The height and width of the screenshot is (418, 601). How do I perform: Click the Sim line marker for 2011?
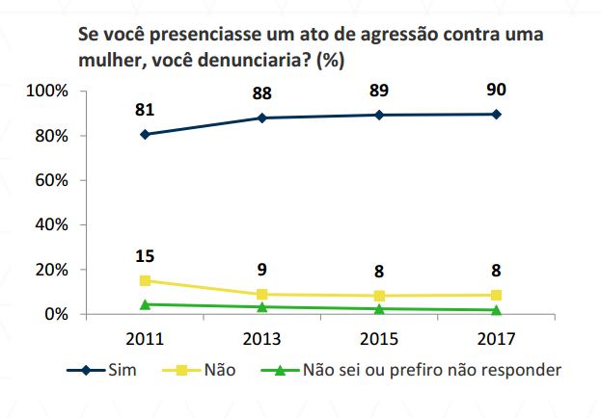click(x=145, y=134)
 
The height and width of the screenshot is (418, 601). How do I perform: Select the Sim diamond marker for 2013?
click(x=262, y=118)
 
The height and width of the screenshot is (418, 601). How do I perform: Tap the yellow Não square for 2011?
click(x=145, y=280)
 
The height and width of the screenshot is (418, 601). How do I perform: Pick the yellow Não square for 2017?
click(x=496, y=295)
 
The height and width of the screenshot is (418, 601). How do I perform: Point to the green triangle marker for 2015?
click(x=379, y=308)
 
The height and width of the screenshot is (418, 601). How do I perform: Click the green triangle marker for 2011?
click(x=145, y=304)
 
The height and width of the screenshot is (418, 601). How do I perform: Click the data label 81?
click(x=145, y=109)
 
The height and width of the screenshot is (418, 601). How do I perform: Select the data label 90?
click(x=496, y=90)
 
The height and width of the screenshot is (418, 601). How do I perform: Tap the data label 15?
click(x=145, y=256)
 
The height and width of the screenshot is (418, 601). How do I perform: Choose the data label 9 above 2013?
click(x=262, y=271)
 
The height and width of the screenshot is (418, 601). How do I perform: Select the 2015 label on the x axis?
click(x=379, y=339)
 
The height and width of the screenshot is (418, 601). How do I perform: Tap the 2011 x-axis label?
click(x=145, y=339)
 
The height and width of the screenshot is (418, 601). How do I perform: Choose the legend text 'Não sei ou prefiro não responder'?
click(x=431, y=370)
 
